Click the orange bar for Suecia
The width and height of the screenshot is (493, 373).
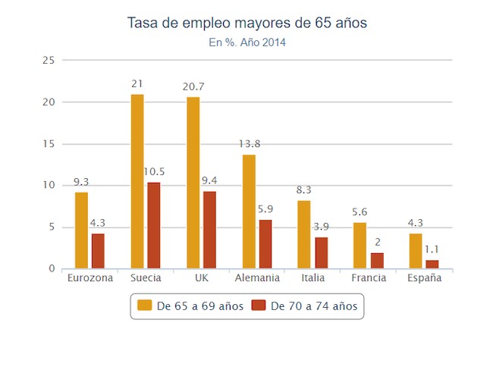click(137, 181)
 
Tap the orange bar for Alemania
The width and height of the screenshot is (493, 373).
click(249, 212)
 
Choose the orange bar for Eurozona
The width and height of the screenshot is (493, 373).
click(81, 230)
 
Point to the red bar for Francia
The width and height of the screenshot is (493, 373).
click(377, 261)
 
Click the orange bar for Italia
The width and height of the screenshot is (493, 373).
click(304, 234)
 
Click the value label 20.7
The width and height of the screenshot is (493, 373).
click(193, 88)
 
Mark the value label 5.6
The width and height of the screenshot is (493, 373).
click(360, 213)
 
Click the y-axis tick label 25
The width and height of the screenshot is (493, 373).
click(49, 60)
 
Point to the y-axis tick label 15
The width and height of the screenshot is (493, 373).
click(49, 143)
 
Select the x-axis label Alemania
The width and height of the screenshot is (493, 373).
click(257, 278)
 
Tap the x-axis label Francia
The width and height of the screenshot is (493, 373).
click(369, 278)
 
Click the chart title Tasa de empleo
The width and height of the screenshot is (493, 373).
click(247, 24)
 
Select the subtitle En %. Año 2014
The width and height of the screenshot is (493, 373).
click(247, 42)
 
